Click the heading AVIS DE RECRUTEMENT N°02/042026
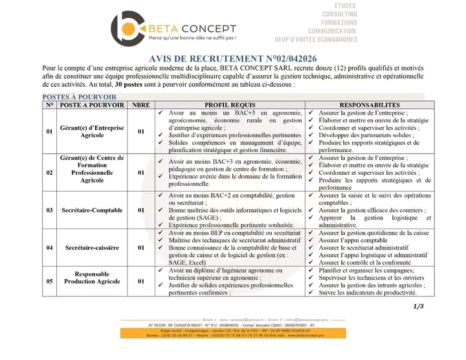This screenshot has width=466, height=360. click(x=233, y=59)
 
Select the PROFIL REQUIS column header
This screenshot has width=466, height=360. click(x=230, y=105)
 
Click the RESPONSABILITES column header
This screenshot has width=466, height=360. click(x=370, y=105)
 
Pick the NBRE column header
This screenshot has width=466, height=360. click(x=140, y=105)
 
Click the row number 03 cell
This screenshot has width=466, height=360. click(x=50, y=210)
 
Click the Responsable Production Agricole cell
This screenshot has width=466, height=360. click(x=92, y=278)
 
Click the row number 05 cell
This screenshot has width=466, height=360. click(x=50, y=282)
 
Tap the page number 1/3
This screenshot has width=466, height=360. click(x=417, y=306)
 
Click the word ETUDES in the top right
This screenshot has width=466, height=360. click(x=345, y=6)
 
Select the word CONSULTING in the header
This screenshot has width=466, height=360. click(x=340, y=14)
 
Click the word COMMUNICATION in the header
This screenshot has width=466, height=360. click(x=332, y=31)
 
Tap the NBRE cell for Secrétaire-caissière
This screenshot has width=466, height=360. click(x=140, y=248)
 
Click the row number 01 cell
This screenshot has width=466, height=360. click(x=50, y=131)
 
